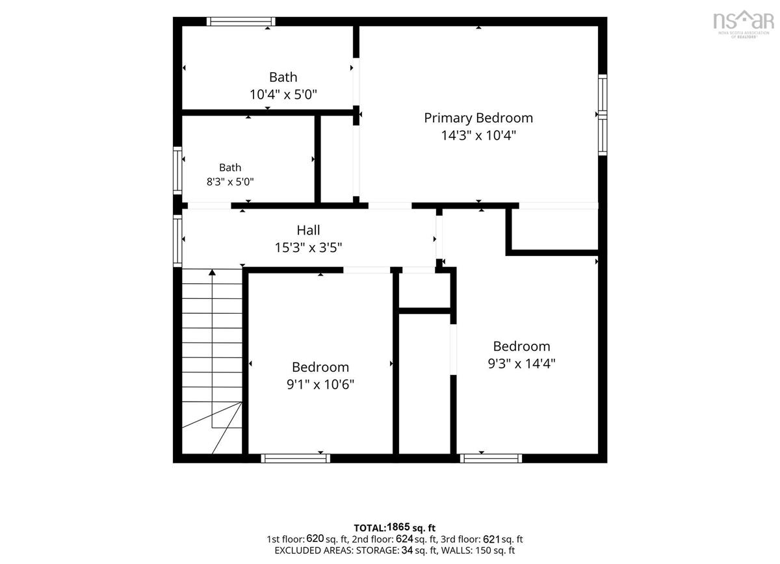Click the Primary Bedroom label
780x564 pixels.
tap(478, 118)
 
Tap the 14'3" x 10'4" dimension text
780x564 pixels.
tap(478, 135)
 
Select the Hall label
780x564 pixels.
tap(308, 230)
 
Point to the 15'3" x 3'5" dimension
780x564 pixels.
tap(308, 248)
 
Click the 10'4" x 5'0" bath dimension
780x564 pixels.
tap(283, 94)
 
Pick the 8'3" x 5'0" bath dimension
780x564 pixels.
tap(230, 181)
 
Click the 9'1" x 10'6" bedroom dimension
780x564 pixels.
tap(320, 385)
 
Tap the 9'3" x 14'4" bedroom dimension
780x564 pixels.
tap(521, 363)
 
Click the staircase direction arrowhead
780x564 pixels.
tap(212, 272)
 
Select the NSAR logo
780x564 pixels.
tap(744, 23)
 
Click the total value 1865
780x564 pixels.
tap(398, 527)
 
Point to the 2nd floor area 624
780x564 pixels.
tap(404, 539)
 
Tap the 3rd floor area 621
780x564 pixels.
tap(491, 539)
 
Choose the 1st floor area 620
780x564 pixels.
tap(315, 539)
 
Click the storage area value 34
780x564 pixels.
tap(407, 550)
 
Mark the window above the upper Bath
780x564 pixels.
tap(241, 21)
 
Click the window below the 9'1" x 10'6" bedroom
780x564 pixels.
tap(295, 458)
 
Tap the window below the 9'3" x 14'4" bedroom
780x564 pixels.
tap(491, 458)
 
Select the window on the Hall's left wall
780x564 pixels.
tap(177, 241)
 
